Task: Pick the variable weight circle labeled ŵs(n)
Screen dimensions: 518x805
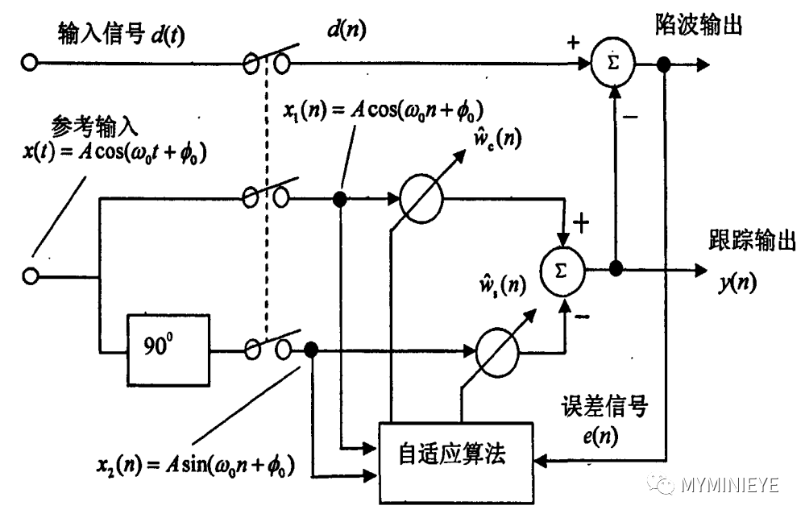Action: point(494,350)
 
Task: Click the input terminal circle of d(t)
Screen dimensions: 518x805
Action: point(31,62)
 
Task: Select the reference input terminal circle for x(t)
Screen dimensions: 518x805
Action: point(31,276)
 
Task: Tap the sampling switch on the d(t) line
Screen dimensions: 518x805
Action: point(268,62)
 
